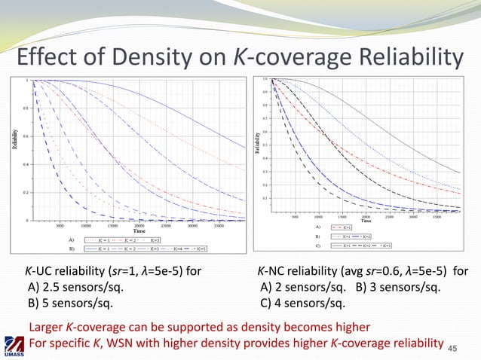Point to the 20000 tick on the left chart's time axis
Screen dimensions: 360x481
(x=139, y=224)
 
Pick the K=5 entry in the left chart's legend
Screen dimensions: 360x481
(x=200, y=248)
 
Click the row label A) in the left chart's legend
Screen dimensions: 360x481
(x=72, y=239)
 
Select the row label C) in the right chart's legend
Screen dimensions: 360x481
(x=318, y=245)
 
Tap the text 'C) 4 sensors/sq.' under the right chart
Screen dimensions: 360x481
(x=302, y=304)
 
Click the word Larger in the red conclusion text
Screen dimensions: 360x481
(x=46, y=327)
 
